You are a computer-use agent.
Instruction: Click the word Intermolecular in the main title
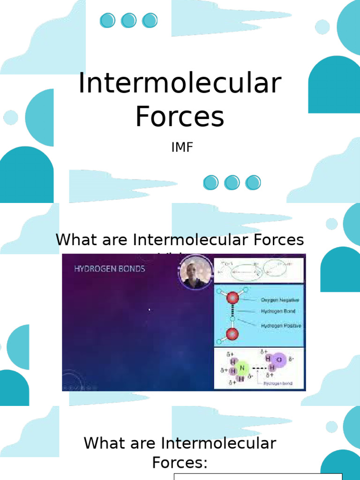[x=180, y=83]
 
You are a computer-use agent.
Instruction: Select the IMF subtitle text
[x=182, y=148]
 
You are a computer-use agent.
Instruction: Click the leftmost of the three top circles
[x=107, y=20]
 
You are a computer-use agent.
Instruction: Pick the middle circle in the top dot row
[x=128, y=20]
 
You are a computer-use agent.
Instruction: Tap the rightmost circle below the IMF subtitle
[x=253, y=182]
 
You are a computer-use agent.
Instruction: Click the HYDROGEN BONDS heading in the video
[x=110, y=269]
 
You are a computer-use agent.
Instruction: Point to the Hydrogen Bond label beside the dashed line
[x=278, y=311]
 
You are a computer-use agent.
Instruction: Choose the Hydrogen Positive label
[x=281, y=325]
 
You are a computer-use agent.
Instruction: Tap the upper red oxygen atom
[x=233, y=297]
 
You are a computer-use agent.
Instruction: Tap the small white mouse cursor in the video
[x=149, y=309]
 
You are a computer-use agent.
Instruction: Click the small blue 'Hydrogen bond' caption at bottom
[x=277, y=383]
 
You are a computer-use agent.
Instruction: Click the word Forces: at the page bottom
[x=180, y=463]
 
